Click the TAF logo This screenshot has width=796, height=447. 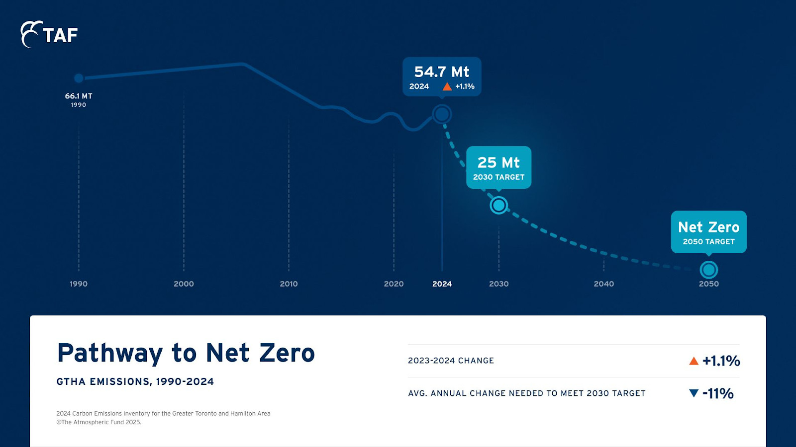point(49,34)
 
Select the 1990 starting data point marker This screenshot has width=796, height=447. point(79,78)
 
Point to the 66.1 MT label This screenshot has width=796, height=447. point(79,96)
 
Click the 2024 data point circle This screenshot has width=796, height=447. point(442,114)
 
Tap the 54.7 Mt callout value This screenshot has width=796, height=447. point(442,72)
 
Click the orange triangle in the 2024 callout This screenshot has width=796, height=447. point(447,86)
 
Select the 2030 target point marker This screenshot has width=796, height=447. point(498,205)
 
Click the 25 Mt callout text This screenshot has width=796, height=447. point(498,162)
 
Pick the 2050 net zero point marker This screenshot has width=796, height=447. point(708,270)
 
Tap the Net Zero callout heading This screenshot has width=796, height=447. point(708,227)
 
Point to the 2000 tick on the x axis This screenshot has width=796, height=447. point(184,284)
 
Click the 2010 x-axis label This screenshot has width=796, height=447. point(289,284)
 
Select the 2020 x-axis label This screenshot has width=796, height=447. point(394,284)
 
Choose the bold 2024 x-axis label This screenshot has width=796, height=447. point(442,284)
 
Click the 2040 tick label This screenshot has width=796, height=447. point(603,284)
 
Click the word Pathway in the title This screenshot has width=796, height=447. point(110,353)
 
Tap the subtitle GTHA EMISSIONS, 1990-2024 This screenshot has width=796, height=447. point(135,381)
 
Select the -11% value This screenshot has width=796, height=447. point(718,393)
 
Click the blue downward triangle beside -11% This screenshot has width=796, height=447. point(694,393)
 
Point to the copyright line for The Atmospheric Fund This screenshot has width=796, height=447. point(99,422)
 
